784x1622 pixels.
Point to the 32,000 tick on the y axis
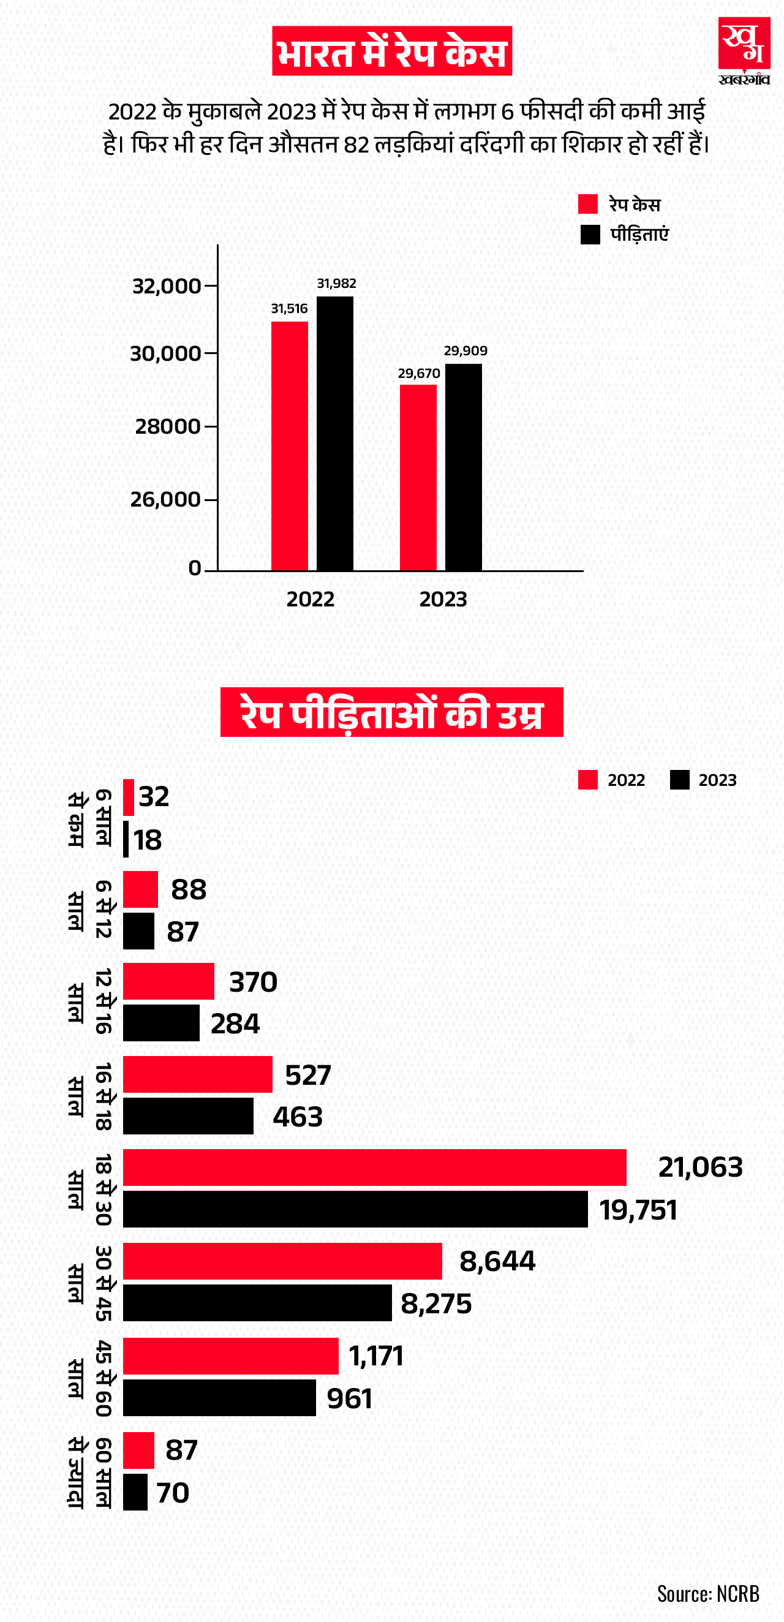pyautogui.click(x=167, y=286)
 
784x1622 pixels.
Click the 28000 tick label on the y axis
pyautogui.click(x=167, y=426)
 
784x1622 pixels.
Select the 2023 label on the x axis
pyautogui.click(x=443, y=599)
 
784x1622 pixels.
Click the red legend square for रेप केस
pyautogui.click(x=587, y=204)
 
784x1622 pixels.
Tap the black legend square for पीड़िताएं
pyautogui.click(x=589, y=234)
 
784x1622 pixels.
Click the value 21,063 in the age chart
pyautogui.click(x=699, y=1167)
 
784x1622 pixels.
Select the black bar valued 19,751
pyautogui.click(x=355, y=1209)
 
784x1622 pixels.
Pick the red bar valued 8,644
pyautogui.click(x=282, y=1261)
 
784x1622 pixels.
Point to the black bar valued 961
pyautogui.click(x=219, y=1397)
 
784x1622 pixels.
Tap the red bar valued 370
pyautogui.click(x=168, y=981)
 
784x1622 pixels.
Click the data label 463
pyautogui.click(x=297, y=1117)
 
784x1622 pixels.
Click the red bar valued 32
pyautogui.click(x=129, y=796)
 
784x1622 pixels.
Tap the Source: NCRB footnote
pyautogui.click(x=707, y=1593)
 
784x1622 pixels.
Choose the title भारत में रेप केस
pyautogui.click(x=391, y=51)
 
